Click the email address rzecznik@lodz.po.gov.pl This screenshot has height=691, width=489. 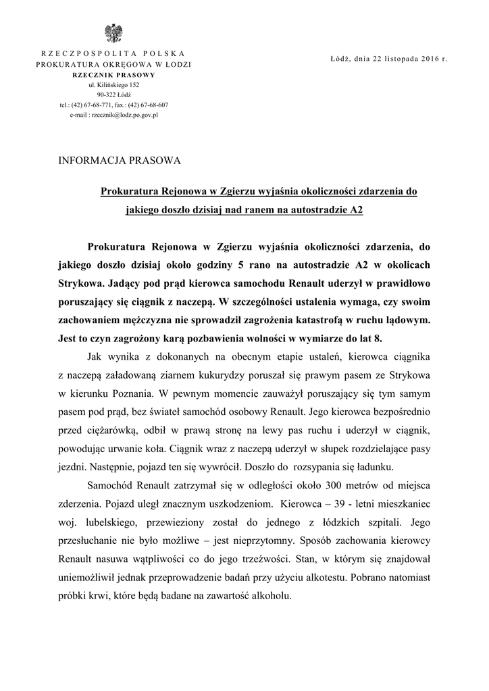pos(113,115)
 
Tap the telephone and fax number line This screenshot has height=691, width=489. pos(113,105)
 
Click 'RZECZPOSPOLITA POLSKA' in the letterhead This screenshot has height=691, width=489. pos(113,53)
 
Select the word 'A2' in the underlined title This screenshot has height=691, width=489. pos(357,210)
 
